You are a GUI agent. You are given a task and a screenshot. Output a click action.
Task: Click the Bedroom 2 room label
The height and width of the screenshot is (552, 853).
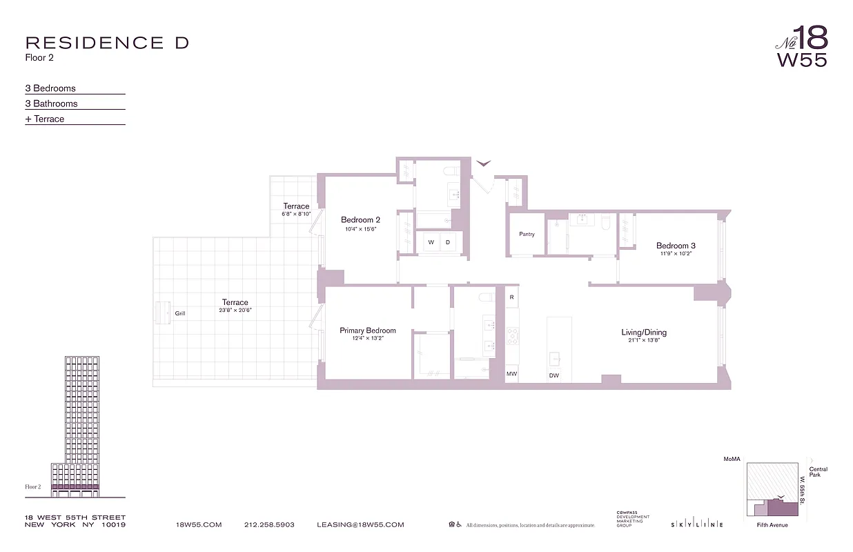tap(360, 220)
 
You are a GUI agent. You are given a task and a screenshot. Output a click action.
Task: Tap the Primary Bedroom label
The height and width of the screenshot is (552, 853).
tap(367, 331)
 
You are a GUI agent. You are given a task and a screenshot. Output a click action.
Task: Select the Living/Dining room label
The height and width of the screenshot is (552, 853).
tap(643, 333)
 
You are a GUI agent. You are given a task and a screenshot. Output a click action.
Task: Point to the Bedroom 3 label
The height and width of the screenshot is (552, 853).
tap(675, 246)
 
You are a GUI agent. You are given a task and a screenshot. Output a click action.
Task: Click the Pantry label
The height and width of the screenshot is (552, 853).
tap(527, 235)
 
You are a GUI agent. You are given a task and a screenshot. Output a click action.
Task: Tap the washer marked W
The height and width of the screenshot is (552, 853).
tap(431, 242)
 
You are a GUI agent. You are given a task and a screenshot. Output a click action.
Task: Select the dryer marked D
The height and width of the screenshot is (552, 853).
tap(447, 242)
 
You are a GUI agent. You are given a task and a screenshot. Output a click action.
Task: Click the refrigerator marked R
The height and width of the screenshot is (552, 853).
tap(511, 297)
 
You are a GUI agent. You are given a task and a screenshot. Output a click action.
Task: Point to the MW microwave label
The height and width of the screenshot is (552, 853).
tap(511, 374)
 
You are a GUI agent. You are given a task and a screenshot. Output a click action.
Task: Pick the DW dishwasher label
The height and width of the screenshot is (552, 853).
tap(553, 375)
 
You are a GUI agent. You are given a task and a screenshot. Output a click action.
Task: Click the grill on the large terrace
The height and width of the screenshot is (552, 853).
tap(165, 313)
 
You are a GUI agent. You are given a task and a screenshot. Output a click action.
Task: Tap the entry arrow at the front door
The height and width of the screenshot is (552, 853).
tap(484, 164)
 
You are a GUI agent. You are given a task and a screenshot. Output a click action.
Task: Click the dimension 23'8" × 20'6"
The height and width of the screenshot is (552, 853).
tap(235, 310)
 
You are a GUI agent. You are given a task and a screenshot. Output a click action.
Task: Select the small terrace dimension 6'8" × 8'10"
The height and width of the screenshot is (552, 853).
tap(296, 215)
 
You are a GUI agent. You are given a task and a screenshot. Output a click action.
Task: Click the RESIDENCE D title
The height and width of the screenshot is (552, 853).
tap(107, 43)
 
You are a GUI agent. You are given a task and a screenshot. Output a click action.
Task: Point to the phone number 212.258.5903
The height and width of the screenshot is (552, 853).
tap(269, 525)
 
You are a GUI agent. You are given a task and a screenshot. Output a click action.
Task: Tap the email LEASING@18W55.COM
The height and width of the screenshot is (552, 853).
tap(360, 525)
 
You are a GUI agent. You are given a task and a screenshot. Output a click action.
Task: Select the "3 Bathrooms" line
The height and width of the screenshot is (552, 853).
tap(52, 103)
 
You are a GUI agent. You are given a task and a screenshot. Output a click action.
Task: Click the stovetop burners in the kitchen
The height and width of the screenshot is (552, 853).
tap(513, 336)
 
